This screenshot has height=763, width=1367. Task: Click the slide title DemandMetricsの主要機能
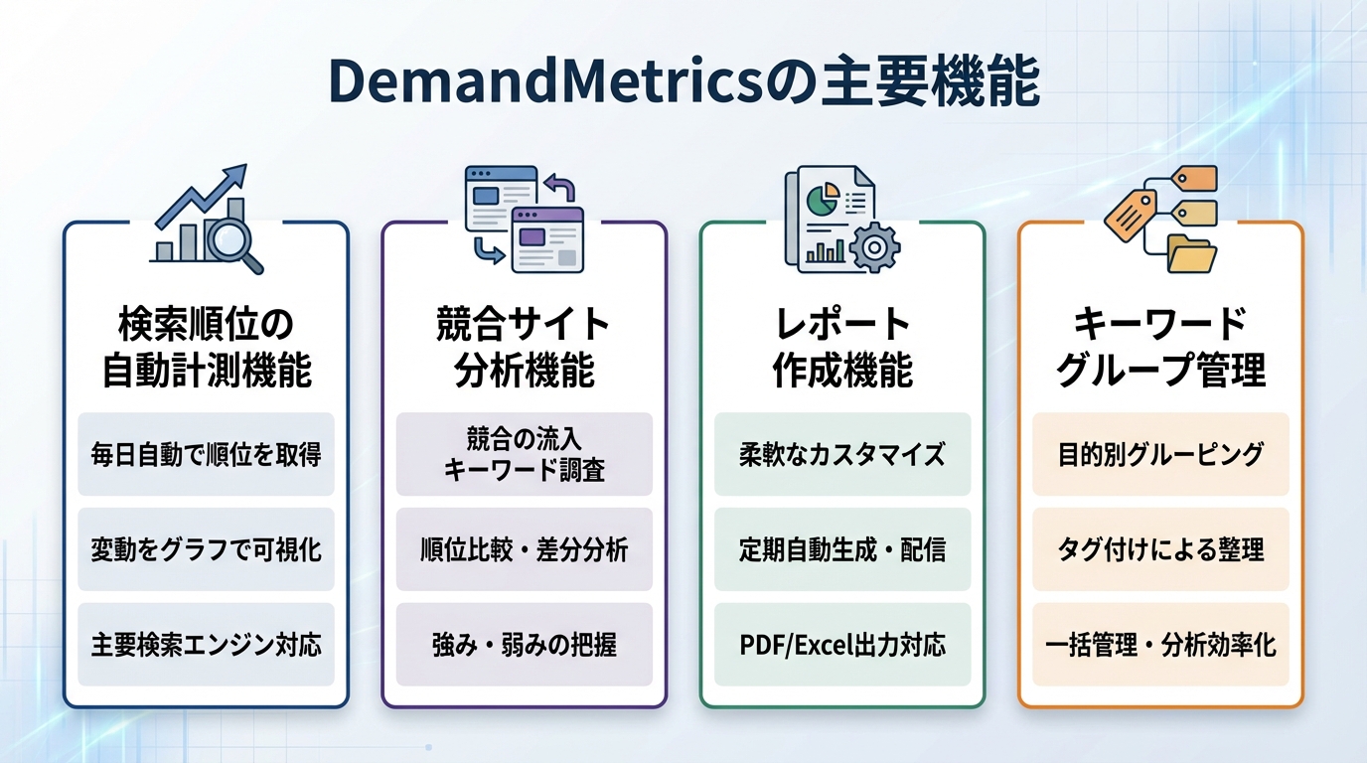(x=683, y=83)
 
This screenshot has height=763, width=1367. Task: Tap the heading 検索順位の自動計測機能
(x=206, y=347)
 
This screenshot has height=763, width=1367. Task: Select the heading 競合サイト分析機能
(x=524, y=347)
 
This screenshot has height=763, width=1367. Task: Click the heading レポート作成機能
(x=842, y=347)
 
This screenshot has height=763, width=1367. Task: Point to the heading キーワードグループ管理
(x=1160, y=347)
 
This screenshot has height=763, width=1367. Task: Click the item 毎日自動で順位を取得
(x=206, y=454)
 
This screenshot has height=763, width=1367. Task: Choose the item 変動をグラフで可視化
(x=206, y=549)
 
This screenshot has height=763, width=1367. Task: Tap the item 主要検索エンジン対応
(x=206, y=645)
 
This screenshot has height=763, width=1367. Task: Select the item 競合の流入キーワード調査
(x=524, y=454)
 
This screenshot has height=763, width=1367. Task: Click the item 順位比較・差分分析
(x=524, y=549)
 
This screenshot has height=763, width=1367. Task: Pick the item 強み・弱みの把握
(x=524, y=645)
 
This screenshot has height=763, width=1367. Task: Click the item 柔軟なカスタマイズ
(x=842, y=454)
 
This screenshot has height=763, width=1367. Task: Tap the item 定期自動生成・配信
(x=842, y=549)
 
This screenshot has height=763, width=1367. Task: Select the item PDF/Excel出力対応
(x=842, y=645)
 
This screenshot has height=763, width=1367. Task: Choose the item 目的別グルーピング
(x=1160, y=454)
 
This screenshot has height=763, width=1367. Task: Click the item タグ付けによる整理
(x=1160, y=549)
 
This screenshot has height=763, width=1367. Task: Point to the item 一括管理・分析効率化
(x=1160, y=645)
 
